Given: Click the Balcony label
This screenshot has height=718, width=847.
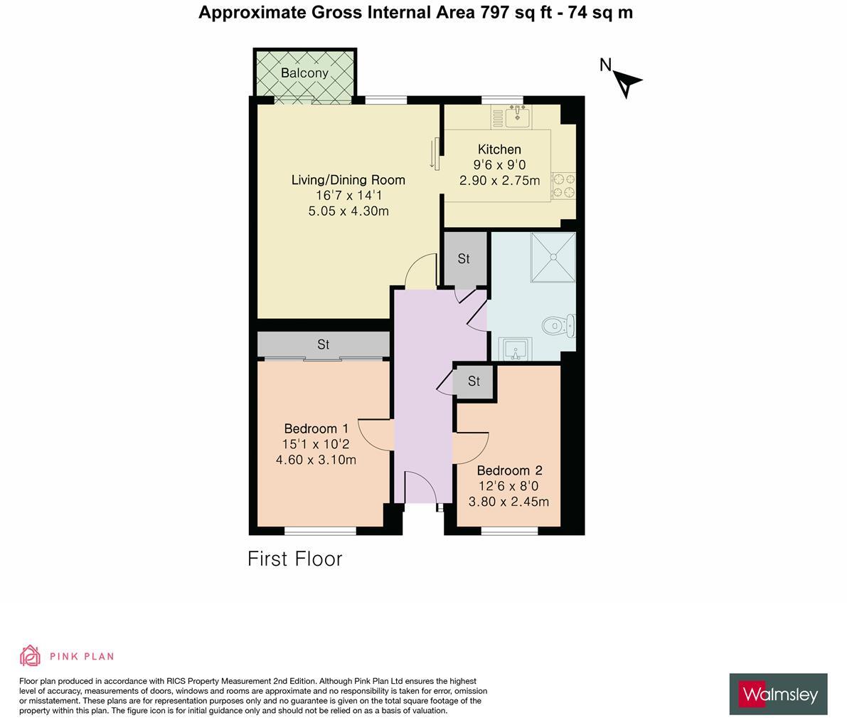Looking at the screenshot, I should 304,73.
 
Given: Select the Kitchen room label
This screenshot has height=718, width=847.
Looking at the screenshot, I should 499,149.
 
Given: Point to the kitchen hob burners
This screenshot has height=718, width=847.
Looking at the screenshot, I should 564,186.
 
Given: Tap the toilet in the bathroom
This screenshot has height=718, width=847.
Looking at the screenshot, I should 558,326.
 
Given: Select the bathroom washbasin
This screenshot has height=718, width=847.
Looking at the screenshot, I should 514,349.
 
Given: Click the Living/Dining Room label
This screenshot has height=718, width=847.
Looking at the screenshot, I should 348,180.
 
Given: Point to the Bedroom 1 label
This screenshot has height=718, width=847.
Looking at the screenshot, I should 316,428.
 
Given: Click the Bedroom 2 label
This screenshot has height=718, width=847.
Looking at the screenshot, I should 509,470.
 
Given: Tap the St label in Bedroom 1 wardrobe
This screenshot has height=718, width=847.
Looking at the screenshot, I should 324,344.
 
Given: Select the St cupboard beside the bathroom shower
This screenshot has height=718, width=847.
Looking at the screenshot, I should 464,259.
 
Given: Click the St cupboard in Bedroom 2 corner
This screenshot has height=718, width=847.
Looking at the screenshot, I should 474,381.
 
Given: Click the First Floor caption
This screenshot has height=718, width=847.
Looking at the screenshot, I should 295,559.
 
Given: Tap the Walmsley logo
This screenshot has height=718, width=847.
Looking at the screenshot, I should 778,694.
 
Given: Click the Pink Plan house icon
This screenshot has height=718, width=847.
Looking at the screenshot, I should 30,655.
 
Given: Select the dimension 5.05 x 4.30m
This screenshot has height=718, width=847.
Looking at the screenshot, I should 348,211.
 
